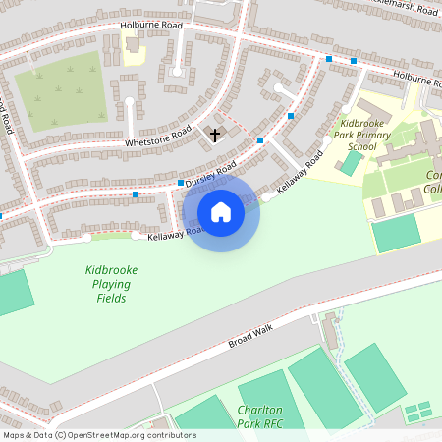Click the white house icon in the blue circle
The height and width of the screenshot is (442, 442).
[221, 211]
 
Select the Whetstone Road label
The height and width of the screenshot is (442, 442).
[157, 138]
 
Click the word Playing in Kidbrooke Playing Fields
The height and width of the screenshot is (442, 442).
[110, 284]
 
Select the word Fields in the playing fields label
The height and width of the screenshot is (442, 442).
[110, 298]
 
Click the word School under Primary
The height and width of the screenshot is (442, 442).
[361, 147]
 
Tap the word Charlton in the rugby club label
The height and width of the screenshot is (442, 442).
[260, 410]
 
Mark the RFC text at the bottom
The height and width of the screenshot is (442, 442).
[269, 423]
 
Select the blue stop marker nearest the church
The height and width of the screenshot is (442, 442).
[259, 141]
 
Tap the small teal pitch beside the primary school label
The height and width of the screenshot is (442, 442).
[351, 164]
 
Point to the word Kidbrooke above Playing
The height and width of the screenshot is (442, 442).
[111, 270]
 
